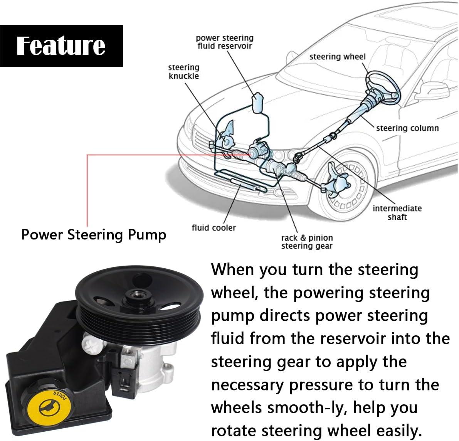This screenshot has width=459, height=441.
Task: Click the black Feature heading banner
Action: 61,45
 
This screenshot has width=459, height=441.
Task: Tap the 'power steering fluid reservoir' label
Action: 225,42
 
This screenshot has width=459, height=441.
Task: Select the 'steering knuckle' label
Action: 184,72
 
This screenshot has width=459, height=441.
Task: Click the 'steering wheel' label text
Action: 337,57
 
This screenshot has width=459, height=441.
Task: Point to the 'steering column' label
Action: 407,128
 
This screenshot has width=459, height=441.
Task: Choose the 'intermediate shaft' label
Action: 397,212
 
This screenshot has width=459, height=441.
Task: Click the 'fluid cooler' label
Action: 214,227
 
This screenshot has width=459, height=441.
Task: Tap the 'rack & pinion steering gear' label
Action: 307,242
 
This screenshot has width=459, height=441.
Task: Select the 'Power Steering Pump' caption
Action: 94,234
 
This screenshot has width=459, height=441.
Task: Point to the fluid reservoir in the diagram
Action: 257,102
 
